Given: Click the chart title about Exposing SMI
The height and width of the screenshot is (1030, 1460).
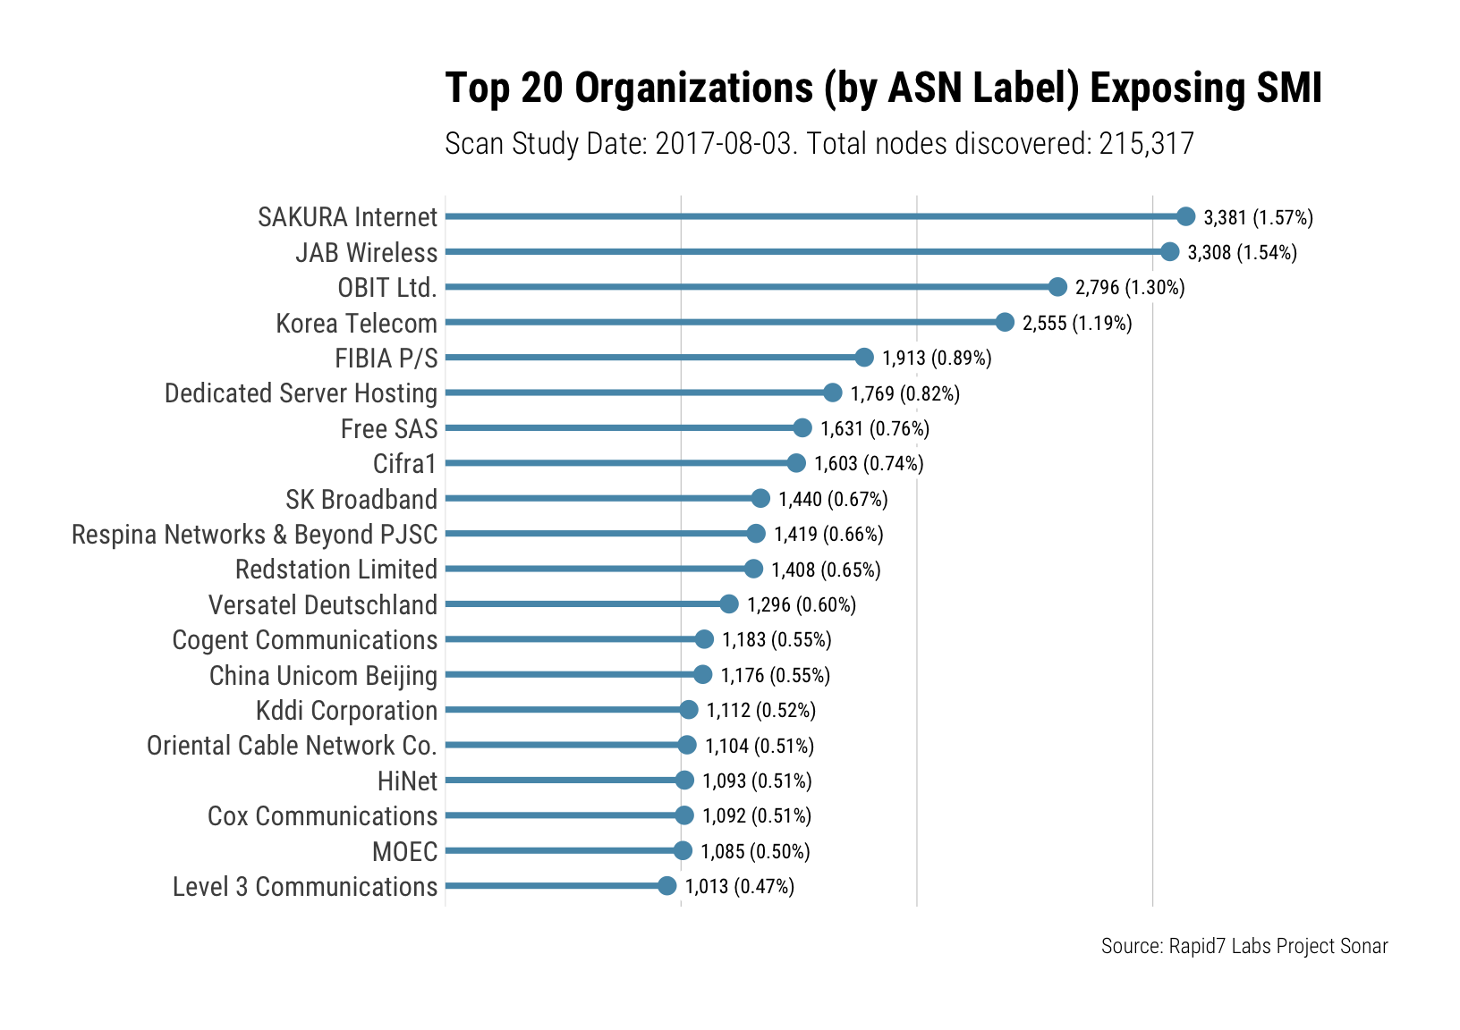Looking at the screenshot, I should tap(883, 89).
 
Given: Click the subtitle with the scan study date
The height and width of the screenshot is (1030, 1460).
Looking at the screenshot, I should tap(819, 143).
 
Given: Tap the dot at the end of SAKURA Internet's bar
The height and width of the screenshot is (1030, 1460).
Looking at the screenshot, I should tap(1185, 216).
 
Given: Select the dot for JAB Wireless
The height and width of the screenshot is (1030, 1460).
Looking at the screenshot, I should tap(1169, 252).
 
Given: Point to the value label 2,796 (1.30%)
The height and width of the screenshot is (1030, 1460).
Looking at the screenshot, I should tap(1129, 287).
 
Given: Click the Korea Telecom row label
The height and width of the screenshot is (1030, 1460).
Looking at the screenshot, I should tap(356, 323).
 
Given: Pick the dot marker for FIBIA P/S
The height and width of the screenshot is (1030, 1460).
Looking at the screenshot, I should tap(863, 358).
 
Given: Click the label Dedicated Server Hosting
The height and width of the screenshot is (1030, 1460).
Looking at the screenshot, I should tap(301, 393).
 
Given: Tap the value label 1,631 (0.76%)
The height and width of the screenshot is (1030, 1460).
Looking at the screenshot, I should tap(874, 428).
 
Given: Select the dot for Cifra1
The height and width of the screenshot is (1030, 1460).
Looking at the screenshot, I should tap(796, 463).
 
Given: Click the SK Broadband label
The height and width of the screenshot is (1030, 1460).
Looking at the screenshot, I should tap(361, 499).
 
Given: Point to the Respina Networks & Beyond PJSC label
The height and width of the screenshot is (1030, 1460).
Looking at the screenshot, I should tap(254, 534).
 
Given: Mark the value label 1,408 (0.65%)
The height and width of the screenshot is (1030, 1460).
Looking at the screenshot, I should tap(826, 570).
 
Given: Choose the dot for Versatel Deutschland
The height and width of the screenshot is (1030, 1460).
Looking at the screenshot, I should tap(729, 604).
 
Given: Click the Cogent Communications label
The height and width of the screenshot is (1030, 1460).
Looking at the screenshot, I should tap(304, 640).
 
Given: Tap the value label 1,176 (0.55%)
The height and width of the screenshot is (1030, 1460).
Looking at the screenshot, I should tap(775, 675).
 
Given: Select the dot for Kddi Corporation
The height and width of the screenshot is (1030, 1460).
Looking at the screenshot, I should tap(688, 710).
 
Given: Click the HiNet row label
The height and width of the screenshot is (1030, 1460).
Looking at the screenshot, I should tap(407, 781).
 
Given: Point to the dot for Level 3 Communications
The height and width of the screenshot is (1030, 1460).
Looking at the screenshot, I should tap(666, 886).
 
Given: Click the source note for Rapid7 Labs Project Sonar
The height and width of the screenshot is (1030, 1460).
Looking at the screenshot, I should tap(1244, 946).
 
